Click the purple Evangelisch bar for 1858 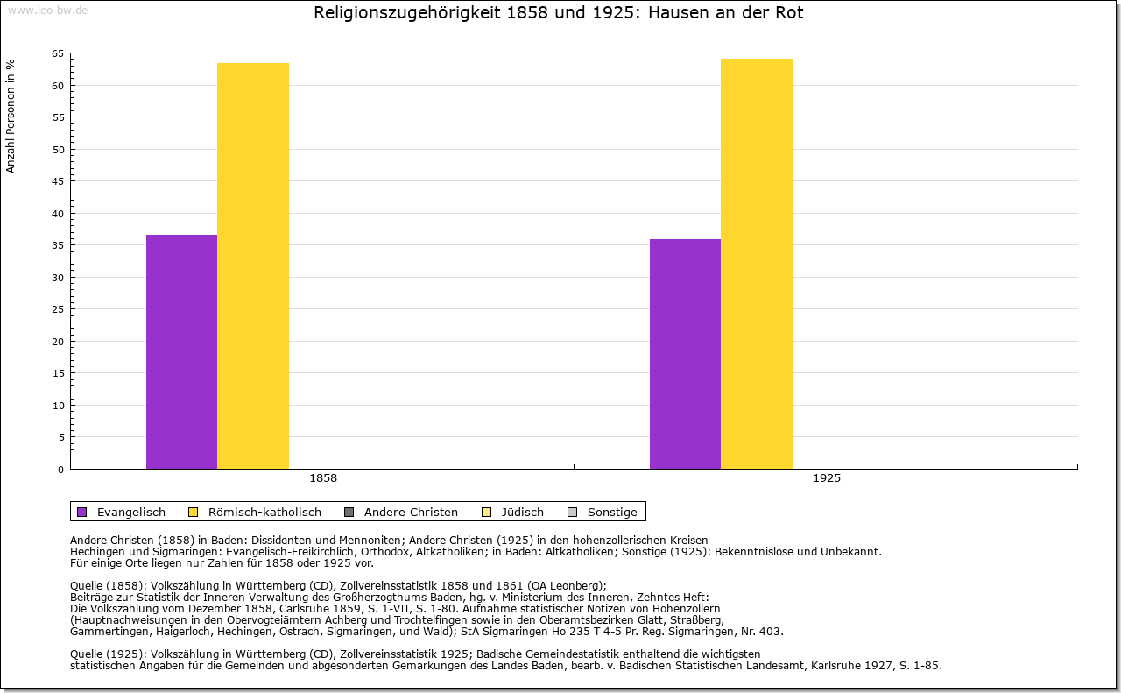[x=181, y=351]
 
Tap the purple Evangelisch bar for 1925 [x=685, y=354]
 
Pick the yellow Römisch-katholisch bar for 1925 [x=757, y=263]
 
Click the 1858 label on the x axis [x=323, y=478]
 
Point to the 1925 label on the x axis [x=827, y=478]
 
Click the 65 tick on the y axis [x=57, y=53]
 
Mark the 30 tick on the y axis [x=57, y=278]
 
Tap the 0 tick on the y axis [x=60, y=470]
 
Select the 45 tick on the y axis [x=57, y=181]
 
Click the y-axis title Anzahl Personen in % [x=11, y=116]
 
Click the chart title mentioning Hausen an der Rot [x=559, y=13]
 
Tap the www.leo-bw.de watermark [x=46, y=11]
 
